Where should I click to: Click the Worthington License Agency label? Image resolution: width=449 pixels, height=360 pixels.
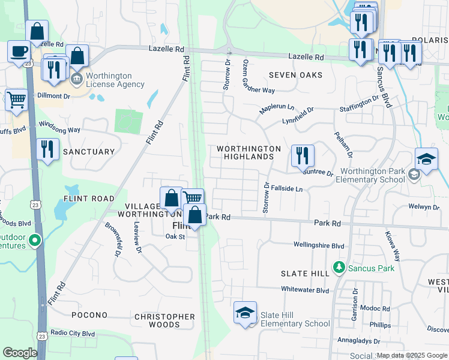(115, 80)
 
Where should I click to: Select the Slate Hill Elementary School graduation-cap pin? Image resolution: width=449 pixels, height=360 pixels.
(245, 313)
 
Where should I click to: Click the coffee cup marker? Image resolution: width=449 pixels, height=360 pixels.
(19, 51)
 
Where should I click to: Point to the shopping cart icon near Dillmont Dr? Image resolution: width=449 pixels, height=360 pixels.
(16, 100)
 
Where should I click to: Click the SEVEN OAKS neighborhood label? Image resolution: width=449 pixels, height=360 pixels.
(295, 75)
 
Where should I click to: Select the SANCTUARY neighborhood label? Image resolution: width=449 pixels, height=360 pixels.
(88, 152)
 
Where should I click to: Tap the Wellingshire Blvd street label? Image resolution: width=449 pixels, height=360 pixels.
(319, 245)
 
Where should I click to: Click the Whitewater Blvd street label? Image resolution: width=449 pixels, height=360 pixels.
(306, 290)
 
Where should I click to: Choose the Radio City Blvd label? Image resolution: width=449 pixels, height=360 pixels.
(73, 333)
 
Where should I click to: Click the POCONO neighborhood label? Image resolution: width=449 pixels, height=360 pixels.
(89, 315)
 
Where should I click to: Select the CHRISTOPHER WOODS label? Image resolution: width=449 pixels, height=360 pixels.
(164, 320)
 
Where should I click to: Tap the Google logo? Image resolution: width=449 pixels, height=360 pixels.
(20, 353)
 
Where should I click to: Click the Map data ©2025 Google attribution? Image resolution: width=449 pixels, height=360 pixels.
(411, 355)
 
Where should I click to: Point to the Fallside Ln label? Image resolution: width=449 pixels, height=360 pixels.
(287, 189)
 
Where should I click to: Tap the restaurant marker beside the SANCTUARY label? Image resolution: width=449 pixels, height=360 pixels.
(47, 149)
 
